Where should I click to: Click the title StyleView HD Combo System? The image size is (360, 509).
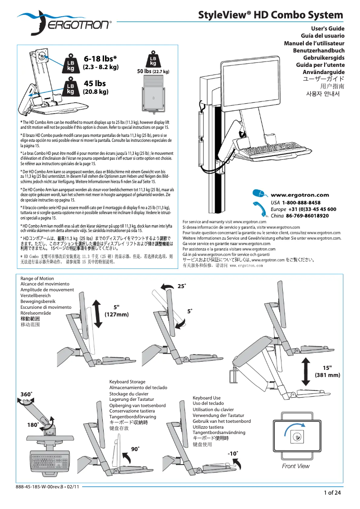271,15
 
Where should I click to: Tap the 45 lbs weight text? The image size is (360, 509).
95,83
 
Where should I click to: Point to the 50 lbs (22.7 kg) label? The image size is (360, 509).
153,71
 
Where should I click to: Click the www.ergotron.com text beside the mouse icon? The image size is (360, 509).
299,195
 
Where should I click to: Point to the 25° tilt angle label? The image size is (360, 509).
182,286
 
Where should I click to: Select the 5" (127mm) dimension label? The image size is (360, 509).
117,311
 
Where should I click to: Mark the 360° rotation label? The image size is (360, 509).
26,394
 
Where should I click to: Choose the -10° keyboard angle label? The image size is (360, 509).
233,453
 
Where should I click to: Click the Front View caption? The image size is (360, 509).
295,466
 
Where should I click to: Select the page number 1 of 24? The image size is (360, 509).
332,493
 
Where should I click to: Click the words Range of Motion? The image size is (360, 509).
37,279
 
